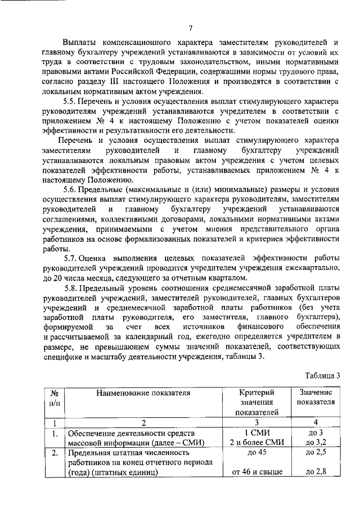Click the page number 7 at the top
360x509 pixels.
[191, 29]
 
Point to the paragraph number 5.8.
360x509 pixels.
[71, 286]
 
